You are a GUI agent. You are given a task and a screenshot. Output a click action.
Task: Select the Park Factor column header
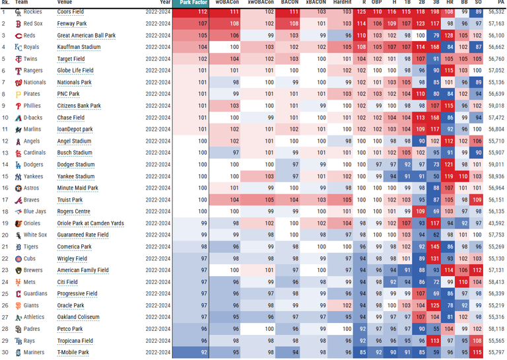click(x=191, y=3)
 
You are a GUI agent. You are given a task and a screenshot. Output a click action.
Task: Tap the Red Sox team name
click(x=33, y=24)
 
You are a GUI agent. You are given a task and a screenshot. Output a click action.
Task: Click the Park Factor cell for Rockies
click(x=191, y=12)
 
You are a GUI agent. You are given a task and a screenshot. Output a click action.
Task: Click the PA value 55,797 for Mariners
click(x=496, y=353)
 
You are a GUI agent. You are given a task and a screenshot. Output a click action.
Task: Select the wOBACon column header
click(x=227, y=3)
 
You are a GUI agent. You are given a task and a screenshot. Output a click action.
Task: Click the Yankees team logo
click(x=18, y=176)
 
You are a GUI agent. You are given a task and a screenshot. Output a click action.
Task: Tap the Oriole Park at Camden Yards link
click(x=90, y=223)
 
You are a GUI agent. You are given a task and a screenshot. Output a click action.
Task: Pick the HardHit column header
click(x=342, y=3)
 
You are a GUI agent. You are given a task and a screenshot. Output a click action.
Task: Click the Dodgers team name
click(x=34, y=164)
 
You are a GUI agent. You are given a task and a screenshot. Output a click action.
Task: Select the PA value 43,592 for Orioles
click(x=496, y=223)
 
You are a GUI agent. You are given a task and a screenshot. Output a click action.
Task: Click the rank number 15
click(x=5, y=176)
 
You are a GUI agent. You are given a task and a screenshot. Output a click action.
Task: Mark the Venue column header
click(x=65, y=3)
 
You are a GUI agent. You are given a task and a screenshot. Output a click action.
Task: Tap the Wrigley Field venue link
click(x=72, y=259)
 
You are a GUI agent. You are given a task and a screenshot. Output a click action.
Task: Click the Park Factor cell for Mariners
click(x=191, y=353)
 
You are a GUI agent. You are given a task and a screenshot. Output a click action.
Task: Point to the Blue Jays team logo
click(x=18, y=211)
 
